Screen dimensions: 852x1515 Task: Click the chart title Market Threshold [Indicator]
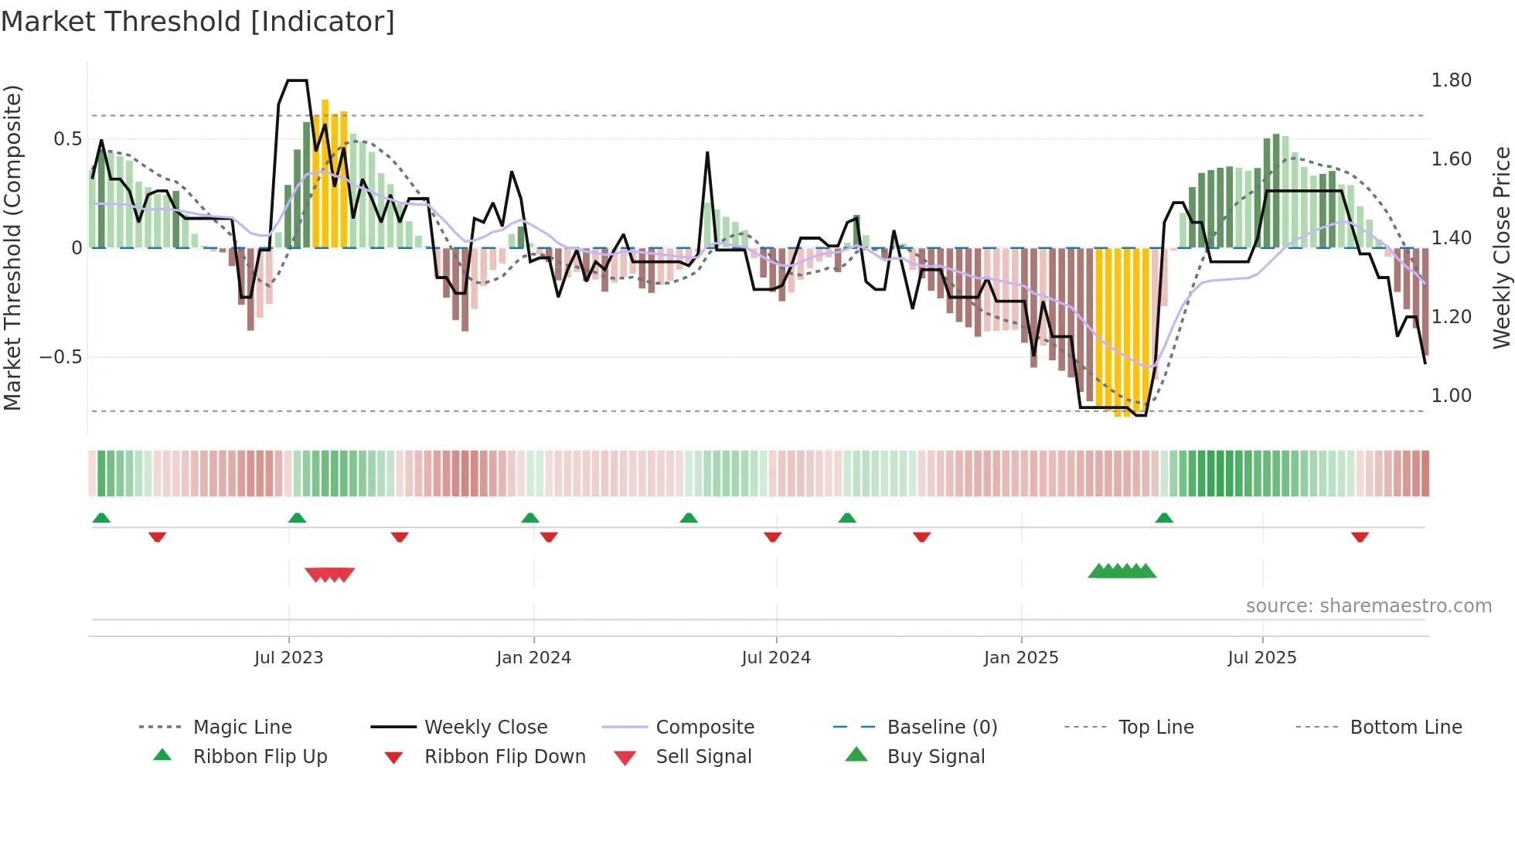click(x=198, y=22)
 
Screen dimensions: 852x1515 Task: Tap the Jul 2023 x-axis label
click(x=288, y=658)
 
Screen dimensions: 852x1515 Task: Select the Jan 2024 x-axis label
click(x=533, y=658)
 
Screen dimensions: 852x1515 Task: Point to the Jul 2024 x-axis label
click(x=776, y=658)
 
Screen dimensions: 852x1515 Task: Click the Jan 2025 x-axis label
click(x=1021, y=658)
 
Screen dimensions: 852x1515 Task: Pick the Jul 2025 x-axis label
click(x=1262, y=658)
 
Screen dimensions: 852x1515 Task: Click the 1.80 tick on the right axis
click(x=1451, y=80)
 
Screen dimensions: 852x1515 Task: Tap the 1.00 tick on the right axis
click(x=1451, y=396)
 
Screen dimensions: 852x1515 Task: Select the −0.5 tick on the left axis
click(x=61, y=357)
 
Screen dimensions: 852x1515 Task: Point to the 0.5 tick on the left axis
click(x=68, y=139)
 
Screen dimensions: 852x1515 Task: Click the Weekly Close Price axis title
click(x=1501, y=247)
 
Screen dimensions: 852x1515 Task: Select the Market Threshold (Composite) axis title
click(x=12, y=247)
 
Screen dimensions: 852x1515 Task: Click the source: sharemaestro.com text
click(x=1368, y=606)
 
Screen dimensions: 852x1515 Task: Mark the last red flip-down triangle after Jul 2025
click(x=1360, y=537)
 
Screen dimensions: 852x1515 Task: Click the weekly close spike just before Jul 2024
click(x=707, y=153)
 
